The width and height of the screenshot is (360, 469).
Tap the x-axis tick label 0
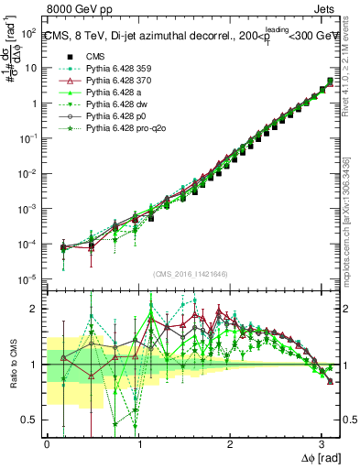47,444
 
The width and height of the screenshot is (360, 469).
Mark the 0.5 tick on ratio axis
30,420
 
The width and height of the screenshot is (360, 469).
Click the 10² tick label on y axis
27,33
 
